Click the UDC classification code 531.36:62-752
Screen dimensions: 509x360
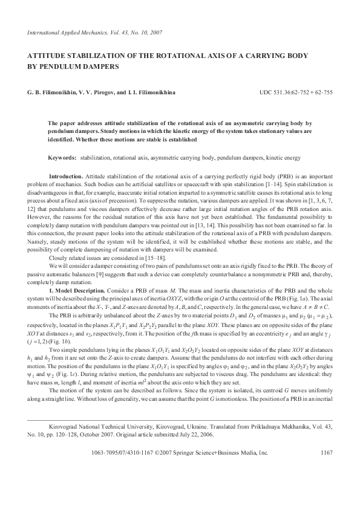pos(287,93)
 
